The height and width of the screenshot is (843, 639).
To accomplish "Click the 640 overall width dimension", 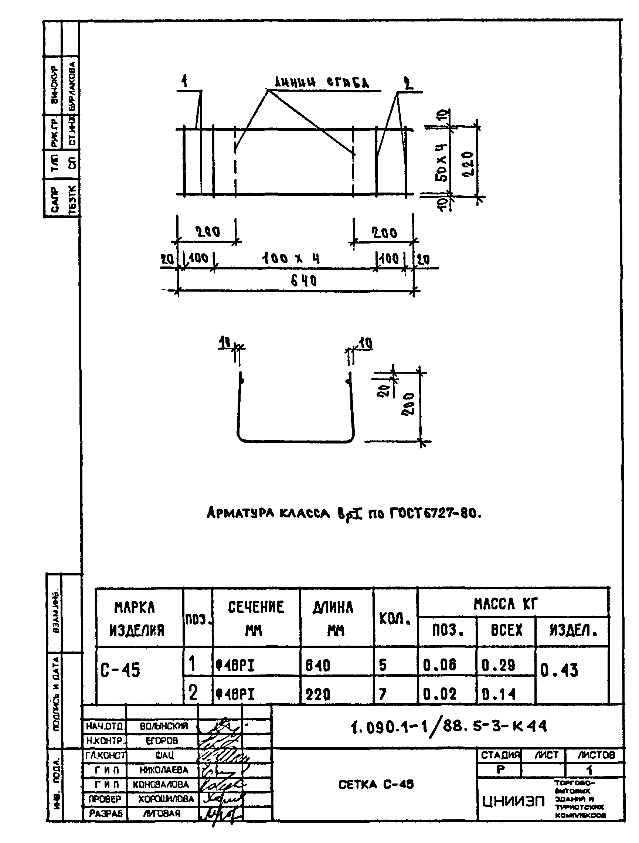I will (x=303, y=281).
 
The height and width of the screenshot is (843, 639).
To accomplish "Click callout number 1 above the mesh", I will (x=184, y=82).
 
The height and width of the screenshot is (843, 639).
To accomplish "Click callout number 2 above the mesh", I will (x=408, y=83).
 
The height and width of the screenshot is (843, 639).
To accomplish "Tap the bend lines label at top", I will (x=322, y=82).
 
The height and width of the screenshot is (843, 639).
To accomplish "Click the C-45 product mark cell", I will (x=120, y=670).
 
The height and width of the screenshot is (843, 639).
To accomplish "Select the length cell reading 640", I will (x=317, y=665).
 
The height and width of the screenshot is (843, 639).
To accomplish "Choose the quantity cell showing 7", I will (x=383, y=694).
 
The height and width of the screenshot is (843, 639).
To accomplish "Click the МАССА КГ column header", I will (x=505, y=604).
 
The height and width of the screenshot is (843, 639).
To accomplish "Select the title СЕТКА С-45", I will (x=376, y=784).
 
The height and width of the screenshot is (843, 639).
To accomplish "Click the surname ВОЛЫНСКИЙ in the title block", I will (x=164, y=726).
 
